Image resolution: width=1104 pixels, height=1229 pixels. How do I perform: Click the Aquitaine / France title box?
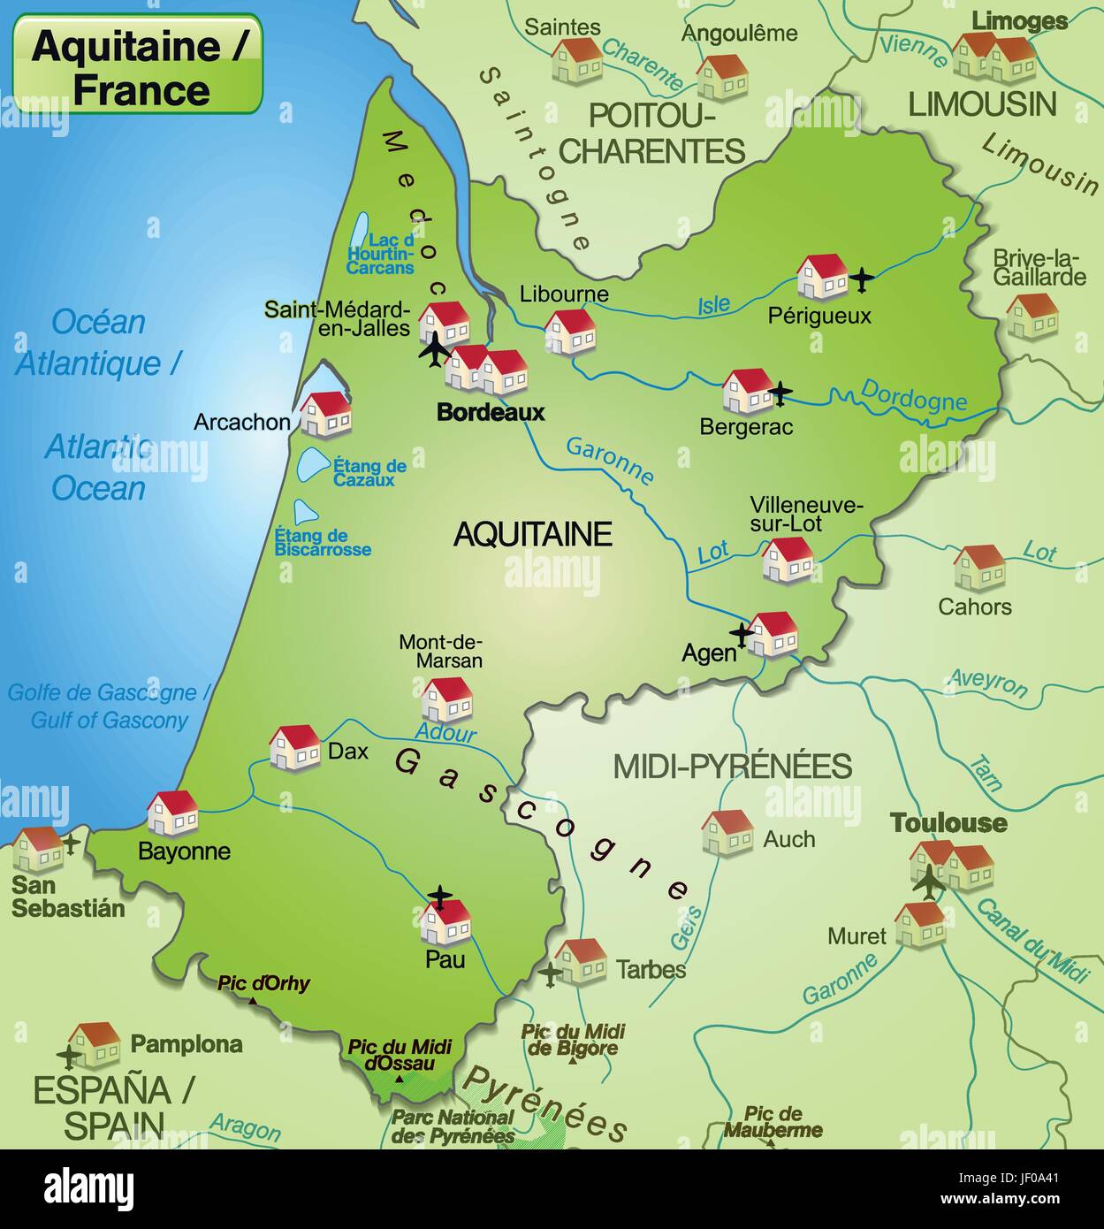pos(138,65)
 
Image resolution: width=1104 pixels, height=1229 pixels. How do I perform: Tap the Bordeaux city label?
pos(491,412)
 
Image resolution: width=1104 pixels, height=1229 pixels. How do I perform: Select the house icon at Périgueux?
pos(822,278)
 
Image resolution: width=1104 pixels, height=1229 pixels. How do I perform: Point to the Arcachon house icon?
pos(325,415)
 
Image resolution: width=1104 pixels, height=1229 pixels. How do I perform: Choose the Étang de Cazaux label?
pos(369,472)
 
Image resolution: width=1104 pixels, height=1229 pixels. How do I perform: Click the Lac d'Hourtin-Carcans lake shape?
pos(360,233)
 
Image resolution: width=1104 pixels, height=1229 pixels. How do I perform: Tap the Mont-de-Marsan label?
pos(440,651)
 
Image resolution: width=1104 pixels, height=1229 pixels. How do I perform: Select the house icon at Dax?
pos(294,748)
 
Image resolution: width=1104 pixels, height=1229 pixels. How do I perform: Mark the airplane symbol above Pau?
pos(439,897)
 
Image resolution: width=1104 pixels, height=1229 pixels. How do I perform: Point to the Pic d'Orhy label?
pos(264,983)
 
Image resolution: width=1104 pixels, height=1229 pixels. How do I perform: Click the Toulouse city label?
pos(948,823)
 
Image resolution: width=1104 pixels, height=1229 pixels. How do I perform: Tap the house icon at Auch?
pos(727,833)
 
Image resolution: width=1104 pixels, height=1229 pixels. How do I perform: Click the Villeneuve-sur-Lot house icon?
pos(788,560)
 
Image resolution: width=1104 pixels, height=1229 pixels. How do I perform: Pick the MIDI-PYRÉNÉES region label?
pos(732,766)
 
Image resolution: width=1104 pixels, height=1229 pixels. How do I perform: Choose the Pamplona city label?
pos(187,1044)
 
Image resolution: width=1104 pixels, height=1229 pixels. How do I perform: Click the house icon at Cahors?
pos(979,568)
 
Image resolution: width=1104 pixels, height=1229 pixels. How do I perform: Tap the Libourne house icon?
pos(570,332)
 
